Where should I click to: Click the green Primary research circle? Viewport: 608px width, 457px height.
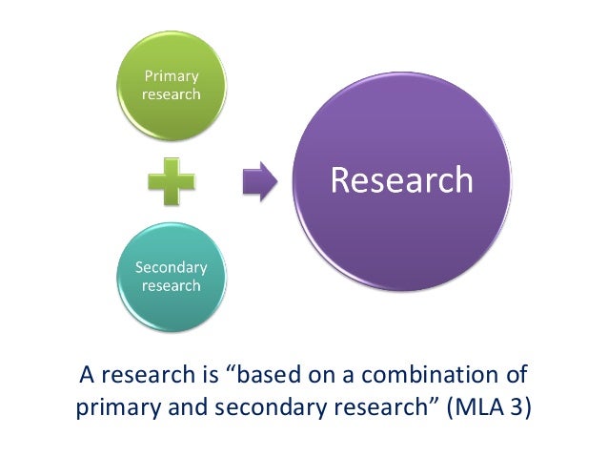(x=172, y=85)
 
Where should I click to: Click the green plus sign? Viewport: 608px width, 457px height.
(x=172, y=181)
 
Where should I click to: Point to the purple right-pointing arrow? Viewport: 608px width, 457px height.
(x=258, y=180)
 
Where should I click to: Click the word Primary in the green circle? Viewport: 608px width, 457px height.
(x=172, y=76)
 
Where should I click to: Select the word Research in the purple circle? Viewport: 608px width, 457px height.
(x=401, y=180)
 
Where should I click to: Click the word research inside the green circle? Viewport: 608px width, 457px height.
(x=172, y=94)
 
